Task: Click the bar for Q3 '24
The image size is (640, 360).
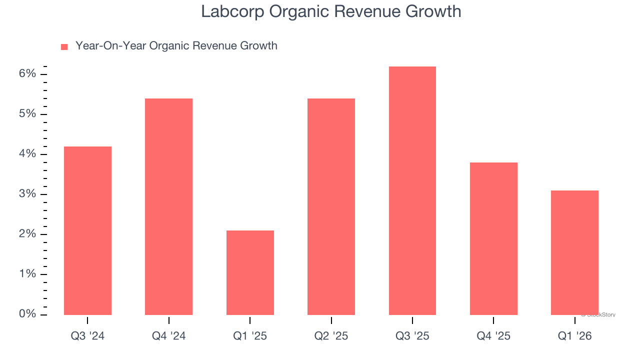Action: tap(87, 230)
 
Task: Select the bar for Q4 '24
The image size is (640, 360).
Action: tap(168, 206)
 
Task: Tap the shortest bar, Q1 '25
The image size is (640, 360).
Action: tap(250, 272)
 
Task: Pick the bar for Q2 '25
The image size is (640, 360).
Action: tap(331, 206)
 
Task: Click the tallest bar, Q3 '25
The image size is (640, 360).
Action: tap(412, 190)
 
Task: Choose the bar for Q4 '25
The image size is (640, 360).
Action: tap(493, 238)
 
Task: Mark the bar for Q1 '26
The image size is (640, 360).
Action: tap(574, 252)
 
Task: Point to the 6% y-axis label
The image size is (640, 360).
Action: tap(27, 74)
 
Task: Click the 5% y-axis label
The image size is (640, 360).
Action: tap(27, 114)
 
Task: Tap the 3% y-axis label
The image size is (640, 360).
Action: tap(27, 194)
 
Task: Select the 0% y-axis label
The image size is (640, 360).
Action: tap(27, 314)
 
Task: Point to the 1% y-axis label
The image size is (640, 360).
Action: tap(27, 274)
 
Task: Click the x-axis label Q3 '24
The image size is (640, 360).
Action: tap(87, 336)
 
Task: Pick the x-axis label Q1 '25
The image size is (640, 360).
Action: tap(250, 336)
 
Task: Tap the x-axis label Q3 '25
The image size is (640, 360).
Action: tap(412, 336)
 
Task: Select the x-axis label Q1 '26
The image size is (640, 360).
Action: tap(574, 336)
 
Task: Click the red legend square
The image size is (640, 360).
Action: tap(64, 47)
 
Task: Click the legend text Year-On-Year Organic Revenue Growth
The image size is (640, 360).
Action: tap(176, 46)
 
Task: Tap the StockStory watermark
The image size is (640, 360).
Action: tap(598, 315)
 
